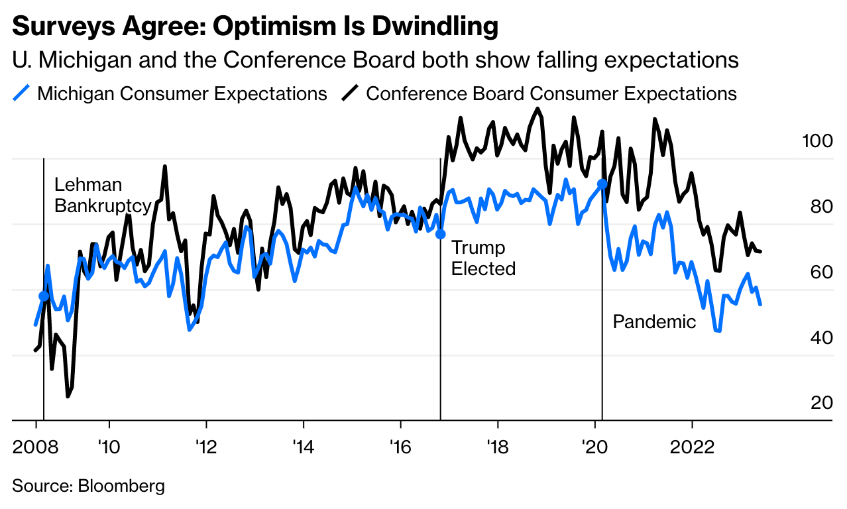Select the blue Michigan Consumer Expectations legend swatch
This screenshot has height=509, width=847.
click(21, 93)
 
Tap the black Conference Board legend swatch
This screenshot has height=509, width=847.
click(350, 93)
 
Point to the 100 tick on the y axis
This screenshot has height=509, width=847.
click(816, 141)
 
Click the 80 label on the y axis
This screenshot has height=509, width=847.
click(816, 207)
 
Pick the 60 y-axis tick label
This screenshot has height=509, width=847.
click(816, 272)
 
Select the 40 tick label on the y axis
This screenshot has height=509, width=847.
click(816, 337)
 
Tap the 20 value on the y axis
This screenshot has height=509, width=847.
click(816, 403)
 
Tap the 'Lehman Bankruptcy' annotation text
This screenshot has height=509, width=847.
click(102, 195)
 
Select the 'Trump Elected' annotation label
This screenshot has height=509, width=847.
click(483, 258)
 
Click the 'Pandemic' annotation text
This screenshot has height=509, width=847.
click(654, 322)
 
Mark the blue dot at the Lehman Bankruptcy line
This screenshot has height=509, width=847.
click(44, 296)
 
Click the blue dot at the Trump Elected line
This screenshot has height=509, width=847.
click(440, 233)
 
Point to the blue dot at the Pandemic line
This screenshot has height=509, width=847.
click(602, 184)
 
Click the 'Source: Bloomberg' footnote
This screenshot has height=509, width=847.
click(88, 486)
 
